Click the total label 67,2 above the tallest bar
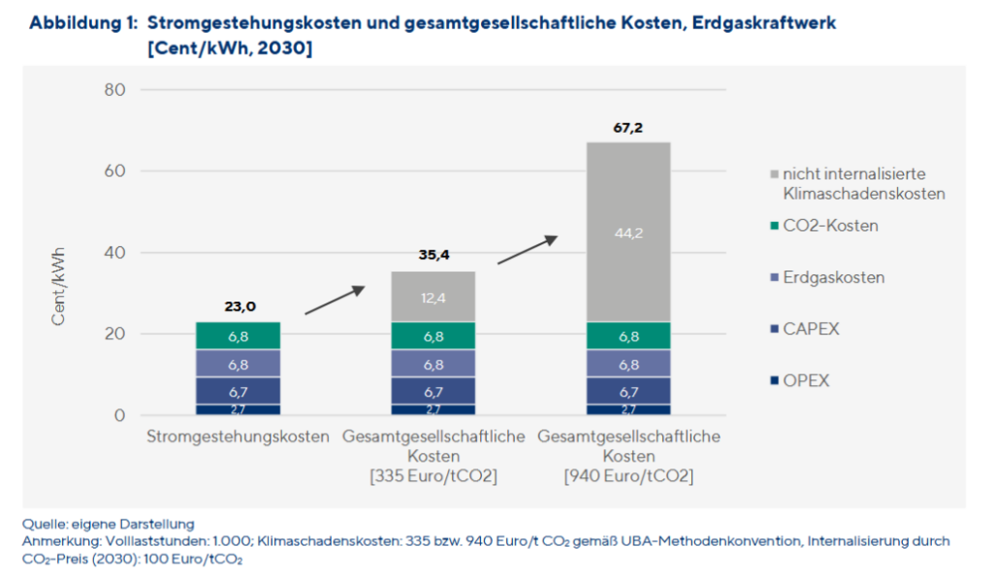click(627, 128)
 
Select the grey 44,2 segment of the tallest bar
click(627, 233)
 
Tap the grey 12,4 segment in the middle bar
click(433, 297)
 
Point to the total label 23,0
click(239, 306)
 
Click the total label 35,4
click(433, 256)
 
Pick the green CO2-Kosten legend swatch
click(774, 227)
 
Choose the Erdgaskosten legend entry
click(834, 277)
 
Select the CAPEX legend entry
click(811, 330)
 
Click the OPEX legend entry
click(806, 381)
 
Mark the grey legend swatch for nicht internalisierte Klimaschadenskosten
click(774, 175)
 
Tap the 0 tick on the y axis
click(119, 416)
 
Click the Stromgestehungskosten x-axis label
click(239, 436)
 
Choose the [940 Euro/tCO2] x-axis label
click(628, 476)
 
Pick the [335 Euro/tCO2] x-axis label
click(433, 476)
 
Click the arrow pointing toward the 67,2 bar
click(529, 249)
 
